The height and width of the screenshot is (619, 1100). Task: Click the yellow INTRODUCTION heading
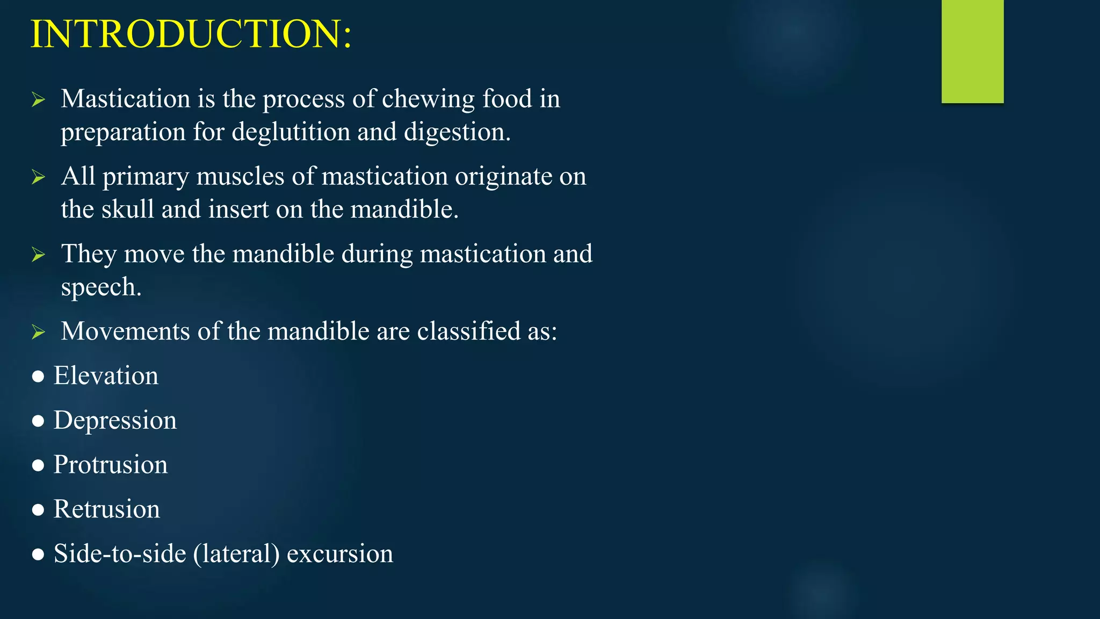pyautogui.click(x=191, y=34)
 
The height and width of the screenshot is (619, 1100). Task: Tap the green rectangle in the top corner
pyautogui.click(x=972, y=51)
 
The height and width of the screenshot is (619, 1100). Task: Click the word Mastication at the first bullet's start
pyautogui.click(x=125, y=99)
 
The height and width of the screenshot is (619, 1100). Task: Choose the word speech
pyautogui.click(x=101, y=287)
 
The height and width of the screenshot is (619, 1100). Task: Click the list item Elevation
pyautogui.click(x=106, y=376)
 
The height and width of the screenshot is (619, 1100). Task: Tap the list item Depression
pyautogui.click(x=115, y=420)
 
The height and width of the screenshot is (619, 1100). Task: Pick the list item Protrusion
pyautogui.click(x=110, y=465)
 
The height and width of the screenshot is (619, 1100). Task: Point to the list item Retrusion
pyautogui.click(x=106, y=509)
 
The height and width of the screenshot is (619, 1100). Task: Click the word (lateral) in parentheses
pyautogui.click(x=236, y=554)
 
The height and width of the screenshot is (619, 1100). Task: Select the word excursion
pyautogui.click(x=340, y=554)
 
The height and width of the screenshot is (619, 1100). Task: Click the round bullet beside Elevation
pyautogui.click(x=38, y=377)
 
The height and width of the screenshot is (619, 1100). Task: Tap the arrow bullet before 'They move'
pyautogui.click(x=38, y=254)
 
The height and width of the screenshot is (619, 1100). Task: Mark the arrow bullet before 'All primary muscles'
pyautogui.click(x=38, y=177)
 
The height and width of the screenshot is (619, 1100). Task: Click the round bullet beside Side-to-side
pyautogui.click(x=38, y=555)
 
